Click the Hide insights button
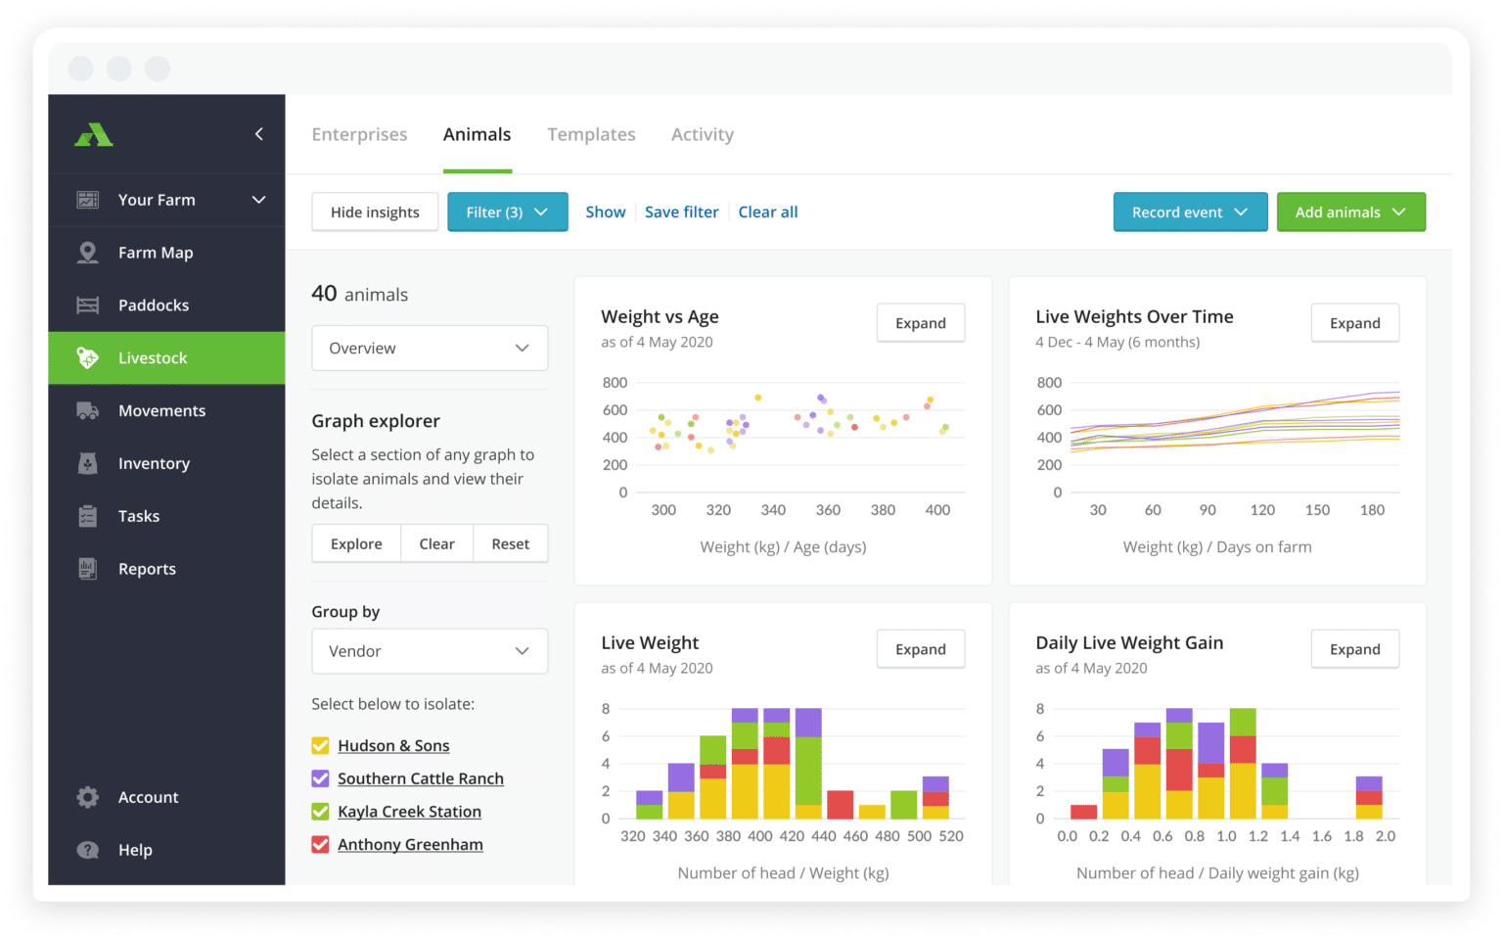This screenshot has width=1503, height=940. pos(375,212)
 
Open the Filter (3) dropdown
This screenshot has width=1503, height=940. pos(507,212)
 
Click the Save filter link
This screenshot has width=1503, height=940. pos(681,212)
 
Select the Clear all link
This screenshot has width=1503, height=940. pos(767,212)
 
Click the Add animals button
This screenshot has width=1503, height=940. pos(1350,212)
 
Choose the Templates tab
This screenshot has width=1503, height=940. pos(591,135)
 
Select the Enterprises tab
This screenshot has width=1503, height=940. pos(359,135)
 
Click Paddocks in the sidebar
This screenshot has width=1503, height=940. pos(154,305)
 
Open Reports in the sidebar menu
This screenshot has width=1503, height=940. pos(147,569)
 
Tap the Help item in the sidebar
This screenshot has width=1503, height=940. pos(135,850)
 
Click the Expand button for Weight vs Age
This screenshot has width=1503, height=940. pos(920,323)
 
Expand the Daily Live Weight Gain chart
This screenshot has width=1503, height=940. pos(1354,649)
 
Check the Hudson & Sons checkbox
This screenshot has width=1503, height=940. pos(320,746)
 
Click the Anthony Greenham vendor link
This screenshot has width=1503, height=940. pos(410,845)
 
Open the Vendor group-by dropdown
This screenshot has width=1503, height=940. pos(430,651)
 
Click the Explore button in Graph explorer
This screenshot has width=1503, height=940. pos(356,544)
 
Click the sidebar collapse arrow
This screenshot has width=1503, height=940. pos(259,134)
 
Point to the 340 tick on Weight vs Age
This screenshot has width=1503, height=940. pos(773,510)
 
